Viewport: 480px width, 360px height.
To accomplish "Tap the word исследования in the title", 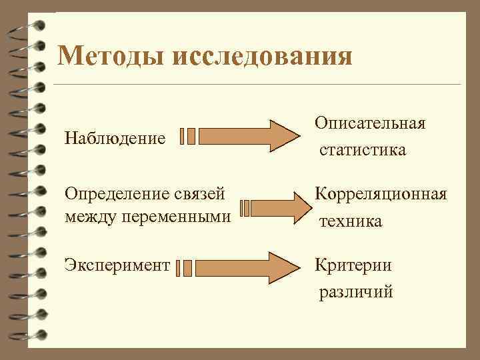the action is coord(262,55).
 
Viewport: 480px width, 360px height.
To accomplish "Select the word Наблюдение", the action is coord(115,138).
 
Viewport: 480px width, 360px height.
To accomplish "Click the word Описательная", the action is coord(371,124).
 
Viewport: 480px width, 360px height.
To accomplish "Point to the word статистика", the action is coord(362,150).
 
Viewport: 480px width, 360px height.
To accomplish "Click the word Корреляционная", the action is coord(381,194).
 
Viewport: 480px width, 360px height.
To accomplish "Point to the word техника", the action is coord(351,221).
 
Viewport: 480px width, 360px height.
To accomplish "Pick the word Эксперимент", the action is coord(117,265).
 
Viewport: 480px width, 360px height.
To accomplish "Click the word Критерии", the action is coord(353,265).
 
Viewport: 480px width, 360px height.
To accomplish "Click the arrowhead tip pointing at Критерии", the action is coord(298,267).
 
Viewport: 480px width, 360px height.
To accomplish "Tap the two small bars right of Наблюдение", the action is coord(187,136).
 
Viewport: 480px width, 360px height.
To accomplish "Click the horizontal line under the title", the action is coord(257,85).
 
